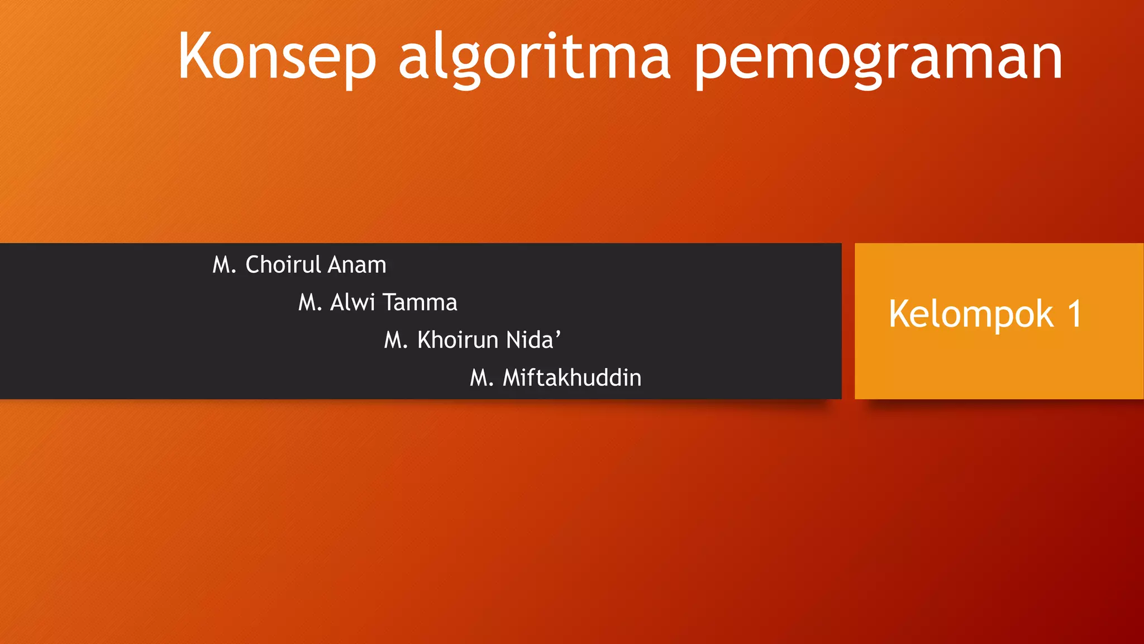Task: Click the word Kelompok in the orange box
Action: (x=971, y=314)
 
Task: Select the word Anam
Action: (x=357, y=264)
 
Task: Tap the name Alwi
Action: (x=352, y=302)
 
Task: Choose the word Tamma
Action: (x=420, y=302)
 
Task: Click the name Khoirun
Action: (x=457, y=340)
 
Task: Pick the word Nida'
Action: (x=533, y=340)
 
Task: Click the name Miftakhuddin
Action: (x=572, y=378)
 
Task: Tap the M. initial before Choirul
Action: (x=225, y=265)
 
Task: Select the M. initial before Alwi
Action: (x=310, y=303)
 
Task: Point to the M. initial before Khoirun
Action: (x=396, y=340)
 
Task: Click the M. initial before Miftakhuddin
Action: (x=482, y=378)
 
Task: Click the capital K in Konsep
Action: (x=196, y=56)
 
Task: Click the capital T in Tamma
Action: (x=389, y=302)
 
